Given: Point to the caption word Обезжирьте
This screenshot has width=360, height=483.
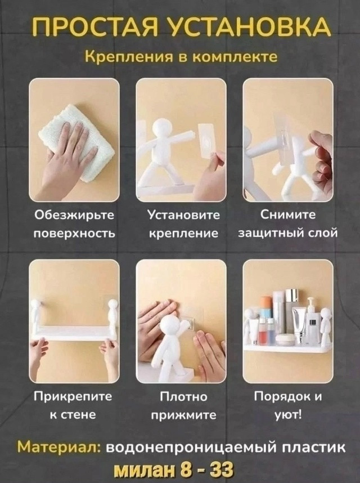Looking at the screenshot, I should click(74, 216).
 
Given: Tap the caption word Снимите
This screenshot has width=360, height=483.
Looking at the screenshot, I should click(288, 216).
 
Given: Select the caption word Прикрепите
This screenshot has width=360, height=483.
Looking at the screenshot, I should click(73, 397).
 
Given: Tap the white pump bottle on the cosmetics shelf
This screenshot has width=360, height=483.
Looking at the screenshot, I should click(312, 321).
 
